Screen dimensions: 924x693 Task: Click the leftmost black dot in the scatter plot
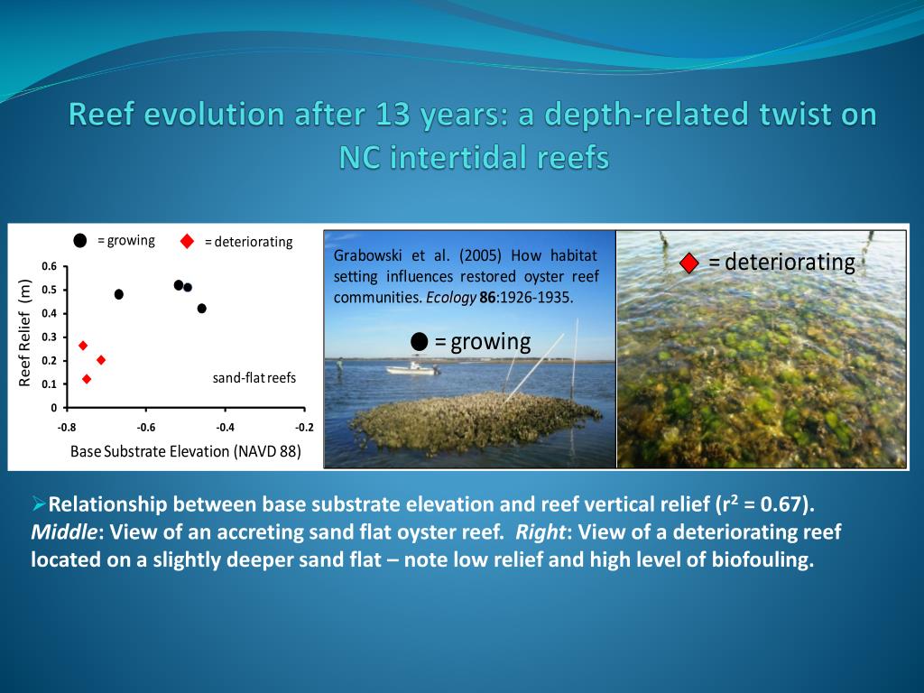[119, 294]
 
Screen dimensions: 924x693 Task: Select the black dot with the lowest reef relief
[201, 309]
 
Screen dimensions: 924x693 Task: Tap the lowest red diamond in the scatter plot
[88, 379]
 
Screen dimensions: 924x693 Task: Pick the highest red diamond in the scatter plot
[83, 346]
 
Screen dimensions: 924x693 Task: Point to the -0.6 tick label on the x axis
[145, 427]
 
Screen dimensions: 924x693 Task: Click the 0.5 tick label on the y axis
[50, 290]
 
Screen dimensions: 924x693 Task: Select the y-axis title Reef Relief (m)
[24, 333]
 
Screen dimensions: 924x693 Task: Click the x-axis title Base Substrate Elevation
[151, 451]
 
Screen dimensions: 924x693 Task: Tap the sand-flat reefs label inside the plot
[254, 378]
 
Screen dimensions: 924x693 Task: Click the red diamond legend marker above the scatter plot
[188, 241]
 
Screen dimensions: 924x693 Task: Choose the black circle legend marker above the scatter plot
[80, 240]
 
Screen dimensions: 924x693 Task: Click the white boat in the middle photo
[411, 368]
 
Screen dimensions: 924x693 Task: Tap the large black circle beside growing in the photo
[419, 341]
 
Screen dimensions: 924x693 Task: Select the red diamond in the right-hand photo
[688, 263]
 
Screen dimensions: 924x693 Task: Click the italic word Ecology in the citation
[451, 298]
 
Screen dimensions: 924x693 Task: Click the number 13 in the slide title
[393, 114]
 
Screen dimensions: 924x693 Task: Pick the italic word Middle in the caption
[64, 532]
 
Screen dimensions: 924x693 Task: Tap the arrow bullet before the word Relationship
[39, 504]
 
